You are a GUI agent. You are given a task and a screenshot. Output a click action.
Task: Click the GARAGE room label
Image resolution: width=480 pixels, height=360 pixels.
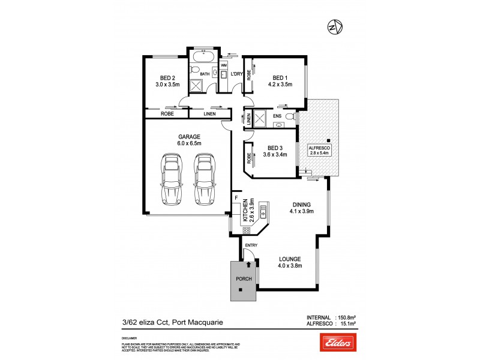click(188, 136)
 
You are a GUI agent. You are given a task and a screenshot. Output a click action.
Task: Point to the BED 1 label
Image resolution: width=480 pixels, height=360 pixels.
click(280, 77)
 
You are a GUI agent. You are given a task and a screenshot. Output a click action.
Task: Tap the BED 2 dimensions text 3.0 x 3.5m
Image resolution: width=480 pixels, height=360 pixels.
click(167, 85)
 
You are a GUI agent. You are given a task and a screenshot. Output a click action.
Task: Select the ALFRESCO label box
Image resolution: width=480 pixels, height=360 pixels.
click(319, 150)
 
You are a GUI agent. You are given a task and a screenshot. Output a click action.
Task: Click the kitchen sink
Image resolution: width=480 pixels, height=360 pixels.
click(263, 211)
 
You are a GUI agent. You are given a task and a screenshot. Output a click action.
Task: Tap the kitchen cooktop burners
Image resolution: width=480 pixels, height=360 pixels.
click(246, 230)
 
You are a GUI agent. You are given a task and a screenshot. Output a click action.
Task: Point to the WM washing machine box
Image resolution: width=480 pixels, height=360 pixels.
click(224, 65)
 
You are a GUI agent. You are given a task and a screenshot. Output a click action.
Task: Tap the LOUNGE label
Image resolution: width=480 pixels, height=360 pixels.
click(290, 259)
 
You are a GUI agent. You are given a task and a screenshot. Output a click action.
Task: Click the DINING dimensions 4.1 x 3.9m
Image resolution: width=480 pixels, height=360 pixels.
click(302, 211)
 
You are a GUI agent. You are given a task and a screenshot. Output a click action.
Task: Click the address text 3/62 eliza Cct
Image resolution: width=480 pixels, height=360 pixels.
click(140, 322)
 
